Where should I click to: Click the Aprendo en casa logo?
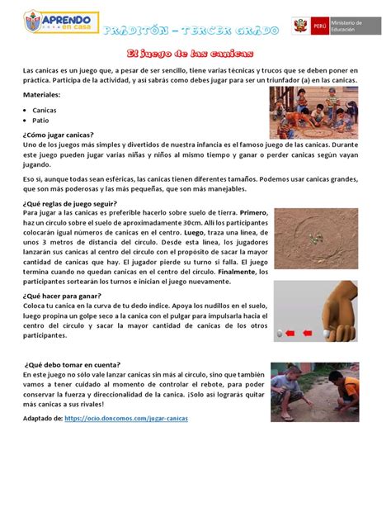coord(59,28)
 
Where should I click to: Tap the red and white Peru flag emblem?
coord(302,28)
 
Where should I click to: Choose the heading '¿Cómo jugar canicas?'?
coord(59,134)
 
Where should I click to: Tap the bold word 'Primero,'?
coord(254,213)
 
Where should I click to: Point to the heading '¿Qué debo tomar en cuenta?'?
coord(73,364)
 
